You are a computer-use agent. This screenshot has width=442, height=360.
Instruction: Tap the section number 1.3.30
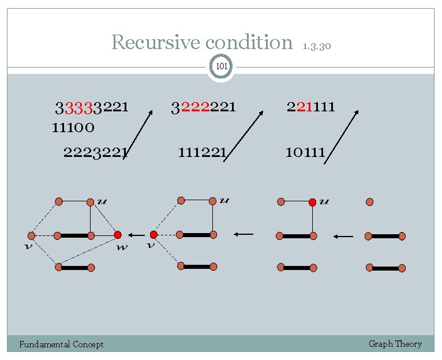[316, 46]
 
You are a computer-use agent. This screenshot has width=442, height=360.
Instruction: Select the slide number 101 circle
[221, 67]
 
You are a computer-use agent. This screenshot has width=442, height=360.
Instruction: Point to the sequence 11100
[73, 127]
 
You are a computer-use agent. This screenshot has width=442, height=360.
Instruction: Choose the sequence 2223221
[95, 152]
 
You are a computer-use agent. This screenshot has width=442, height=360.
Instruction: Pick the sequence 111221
[202, 152]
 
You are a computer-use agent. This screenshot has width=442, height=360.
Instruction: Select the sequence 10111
[305, 152]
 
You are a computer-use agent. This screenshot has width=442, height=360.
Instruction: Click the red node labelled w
[118, 235]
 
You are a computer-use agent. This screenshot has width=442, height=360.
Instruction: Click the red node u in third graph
[312, 202]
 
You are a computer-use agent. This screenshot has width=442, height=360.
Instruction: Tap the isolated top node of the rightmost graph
[370, 202]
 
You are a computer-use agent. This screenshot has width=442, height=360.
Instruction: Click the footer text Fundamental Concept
[61, 344]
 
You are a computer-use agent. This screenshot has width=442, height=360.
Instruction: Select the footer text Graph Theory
[395, 344]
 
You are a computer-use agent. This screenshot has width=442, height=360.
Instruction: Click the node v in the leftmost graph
[32, 235]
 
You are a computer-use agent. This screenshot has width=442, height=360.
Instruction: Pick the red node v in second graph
[153, 235]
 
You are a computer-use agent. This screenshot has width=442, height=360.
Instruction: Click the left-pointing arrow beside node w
[136, 235]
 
